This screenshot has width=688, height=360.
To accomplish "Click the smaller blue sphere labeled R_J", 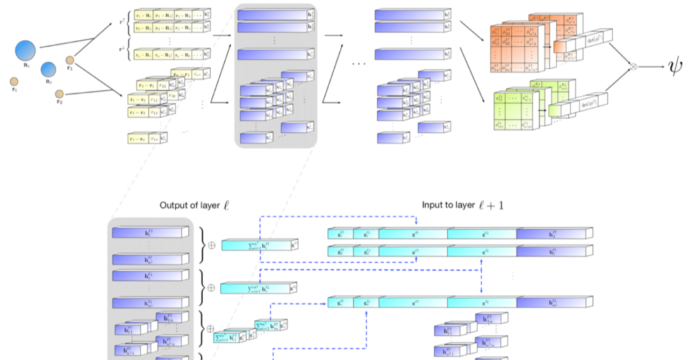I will click(48, 69).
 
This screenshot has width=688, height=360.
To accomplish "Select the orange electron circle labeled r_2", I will click(59, 94).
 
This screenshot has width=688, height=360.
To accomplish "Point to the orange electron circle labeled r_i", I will click(14, 82).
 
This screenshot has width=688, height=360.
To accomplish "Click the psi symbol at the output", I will click(675, 67).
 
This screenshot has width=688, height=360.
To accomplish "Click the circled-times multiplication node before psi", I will click(633, 67).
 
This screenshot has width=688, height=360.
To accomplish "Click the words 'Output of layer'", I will click(188, 205).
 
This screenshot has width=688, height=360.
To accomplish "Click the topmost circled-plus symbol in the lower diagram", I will click(211, 244).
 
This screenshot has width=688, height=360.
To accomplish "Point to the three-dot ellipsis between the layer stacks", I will click(359, 64).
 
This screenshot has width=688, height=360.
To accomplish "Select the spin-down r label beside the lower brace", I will click(121, 49).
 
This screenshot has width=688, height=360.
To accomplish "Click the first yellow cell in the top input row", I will click(144, 15).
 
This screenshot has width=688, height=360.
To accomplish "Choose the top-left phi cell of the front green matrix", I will click(500, 98).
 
